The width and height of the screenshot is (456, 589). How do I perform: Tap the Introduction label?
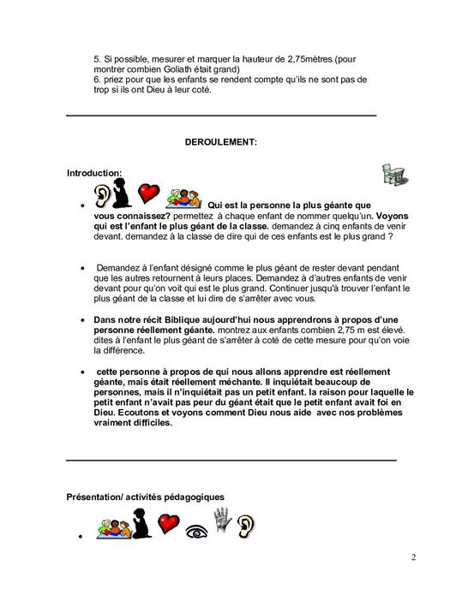pyautogui.click(x=94, y=173)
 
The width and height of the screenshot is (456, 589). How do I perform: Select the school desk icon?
pyautogui.click(x=394, y=175)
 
